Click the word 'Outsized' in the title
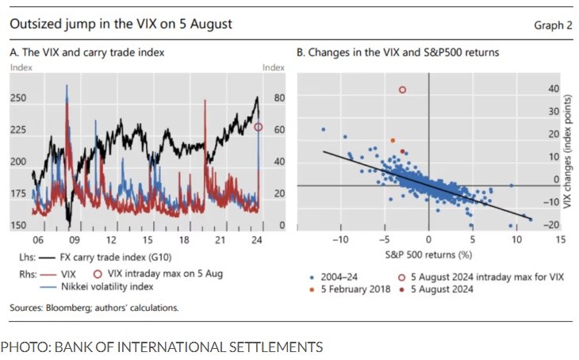point(33,24)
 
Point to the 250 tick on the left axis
point(17,98)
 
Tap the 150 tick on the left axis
point(17,226)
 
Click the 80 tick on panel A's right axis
point(278,98)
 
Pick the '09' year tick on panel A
point(73,239)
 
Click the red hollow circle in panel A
point(259,127)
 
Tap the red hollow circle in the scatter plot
point(402,90)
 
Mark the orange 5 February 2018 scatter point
point(393,140)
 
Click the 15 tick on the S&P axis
point(560,239)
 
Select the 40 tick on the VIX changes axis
point(554,89)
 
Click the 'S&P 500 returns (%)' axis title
point(429,255)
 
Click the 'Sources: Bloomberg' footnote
point(94,308)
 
